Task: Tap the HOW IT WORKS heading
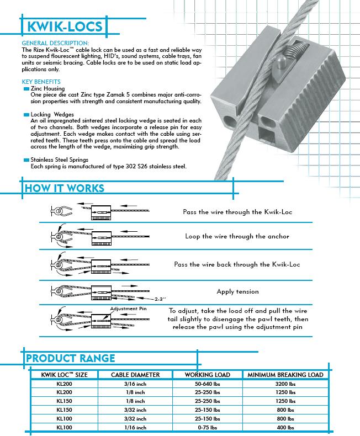tap(64, 188)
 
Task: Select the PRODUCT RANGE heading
tap(71, 358)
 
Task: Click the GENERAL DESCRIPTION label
tap(54, 42)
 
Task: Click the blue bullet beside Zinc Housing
tap(26, 89)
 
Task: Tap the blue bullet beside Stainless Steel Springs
tap(26, 159)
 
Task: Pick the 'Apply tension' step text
tap(237, 291)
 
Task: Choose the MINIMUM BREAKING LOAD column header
tap(285, 375)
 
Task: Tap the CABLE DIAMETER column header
tap(135, 375)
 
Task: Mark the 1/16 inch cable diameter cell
tap(135, 427)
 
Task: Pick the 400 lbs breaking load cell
tap(285, 427)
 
